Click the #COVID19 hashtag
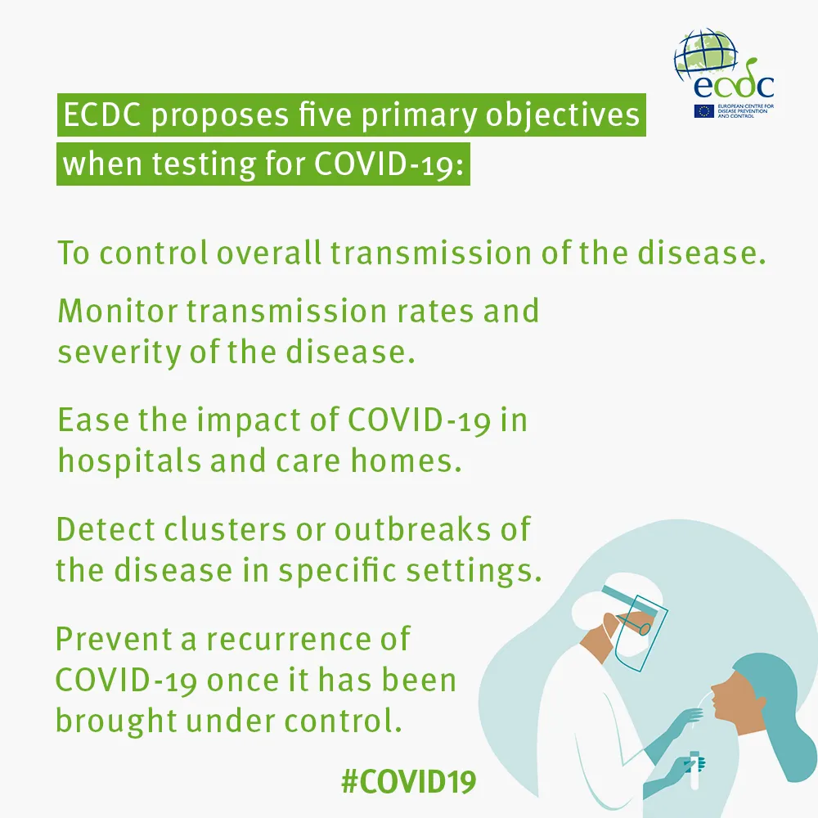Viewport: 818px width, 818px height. pos(408,781)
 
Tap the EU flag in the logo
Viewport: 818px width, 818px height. pos(703,111)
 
